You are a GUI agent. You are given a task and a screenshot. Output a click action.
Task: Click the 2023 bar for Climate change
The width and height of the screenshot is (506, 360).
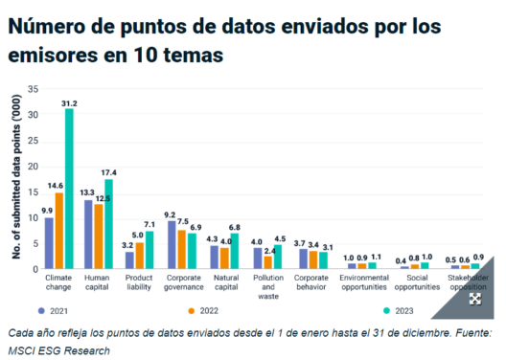pyautogui.click(x=69, y=189)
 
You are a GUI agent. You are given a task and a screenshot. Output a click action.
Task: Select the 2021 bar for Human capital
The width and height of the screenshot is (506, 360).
pyautogui.click(x=88, y=235)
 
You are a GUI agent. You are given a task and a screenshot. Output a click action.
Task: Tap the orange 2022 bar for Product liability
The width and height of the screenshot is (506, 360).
pyautogui.click(x=140, y=256)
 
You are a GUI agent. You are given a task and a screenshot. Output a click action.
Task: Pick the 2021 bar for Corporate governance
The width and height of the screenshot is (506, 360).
pyautogui.click(x=172, y=245)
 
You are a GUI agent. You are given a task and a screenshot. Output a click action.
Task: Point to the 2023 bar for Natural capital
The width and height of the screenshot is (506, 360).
pyautogui.click(x=234, y=251)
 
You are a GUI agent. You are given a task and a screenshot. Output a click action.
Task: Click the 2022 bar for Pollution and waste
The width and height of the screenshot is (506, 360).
pyautogui.click(x=267, y=262)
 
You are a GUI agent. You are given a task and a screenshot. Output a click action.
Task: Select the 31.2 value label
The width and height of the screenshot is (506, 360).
pyautogui.click(x=69, y=103)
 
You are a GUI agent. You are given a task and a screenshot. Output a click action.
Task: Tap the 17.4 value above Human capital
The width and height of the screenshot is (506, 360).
pyautogui.click(x=108, y=172)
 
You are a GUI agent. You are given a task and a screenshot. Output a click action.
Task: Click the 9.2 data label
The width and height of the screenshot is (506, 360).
pyautogui.click(x=170, y=215)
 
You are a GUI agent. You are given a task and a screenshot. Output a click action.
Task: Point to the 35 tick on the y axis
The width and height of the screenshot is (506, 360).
pyautogui.click(x=33, y=89)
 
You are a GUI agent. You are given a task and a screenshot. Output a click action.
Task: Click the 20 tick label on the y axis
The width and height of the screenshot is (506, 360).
pyautogui.click(x=33, y=167)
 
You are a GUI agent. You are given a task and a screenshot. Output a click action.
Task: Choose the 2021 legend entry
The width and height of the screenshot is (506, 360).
pyautogui.click(x=53, y=311)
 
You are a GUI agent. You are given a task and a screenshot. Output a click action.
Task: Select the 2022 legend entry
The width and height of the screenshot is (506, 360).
pyautogui.click(x=203, y=311)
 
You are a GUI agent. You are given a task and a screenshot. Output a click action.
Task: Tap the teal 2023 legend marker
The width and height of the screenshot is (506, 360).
pyautogui.click(x=386, y=310)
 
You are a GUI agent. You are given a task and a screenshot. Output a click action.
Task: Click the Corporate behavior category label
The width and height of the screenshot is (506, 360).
pyautogui.click(x=311, y=282)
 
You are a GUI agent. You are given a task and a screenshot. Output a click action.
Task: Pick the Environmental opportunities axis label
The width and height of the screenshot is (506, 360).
pyautogui.click(x=364, y=282)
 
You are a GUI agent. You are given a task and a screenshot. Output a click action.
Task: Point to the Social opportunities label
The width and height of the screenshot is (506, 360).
pyautogui.click(x=417, y=282)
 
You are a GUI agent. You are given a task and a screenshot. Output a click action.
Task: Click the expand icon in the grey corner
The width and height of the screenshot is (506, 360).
pyautogui.click(x=475, y=299)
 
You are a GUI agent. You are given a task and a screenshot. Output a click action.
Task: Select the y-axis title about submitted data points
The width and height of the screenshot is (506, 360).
pyautogui.click(x=16, y=176)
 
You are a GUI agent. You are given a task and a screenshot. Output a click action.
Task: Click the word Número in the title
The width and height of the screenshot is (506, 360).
pyautogui.click(x=45, y=26)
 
